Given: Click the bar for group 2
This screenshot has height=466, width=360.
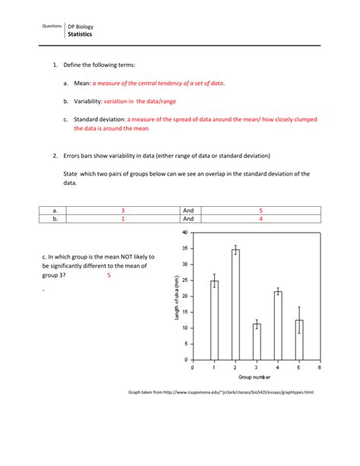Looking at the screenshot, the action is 235,305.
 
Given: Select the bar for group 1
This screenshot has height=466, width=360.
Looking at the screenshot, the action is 214,320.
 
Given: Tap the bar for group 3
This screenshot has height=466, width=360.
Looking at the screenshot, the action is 257,342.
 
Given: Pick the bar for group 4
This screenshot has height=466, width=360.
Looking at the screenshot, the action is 278,325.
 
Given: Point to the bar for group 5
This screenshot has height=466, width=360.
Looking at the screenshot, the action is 299,340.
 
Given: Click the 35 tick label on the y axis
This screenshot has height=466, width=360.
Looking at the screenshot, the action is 185,249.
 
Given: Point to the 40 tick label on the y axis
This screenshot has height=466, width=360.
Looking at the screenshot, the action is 185,233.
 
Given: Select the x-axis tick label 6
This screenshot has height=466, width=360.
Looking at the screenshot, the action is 320,368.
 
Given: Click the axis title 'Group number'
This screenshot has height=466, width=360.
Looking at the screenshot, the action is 254,377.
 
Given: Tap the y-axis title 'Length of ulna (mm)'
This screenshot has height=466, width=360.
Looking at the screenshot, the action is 177,297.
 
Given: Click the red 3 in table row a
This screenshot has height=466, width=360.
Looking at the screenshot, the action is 123,211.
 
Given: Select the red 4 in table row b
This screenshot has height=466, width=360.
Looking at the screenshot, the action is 261,219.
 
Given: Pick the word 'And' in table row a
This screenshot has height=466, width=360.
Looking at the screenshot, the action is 188,211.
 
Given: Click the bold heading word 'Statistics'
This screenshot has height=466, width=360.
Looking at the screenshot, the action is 80,34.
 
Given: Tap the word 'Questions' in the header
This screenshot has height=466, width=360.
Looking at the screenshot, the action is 52,26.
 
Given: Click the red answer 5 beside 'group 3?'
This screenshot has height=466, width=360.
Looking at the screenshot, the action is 109,275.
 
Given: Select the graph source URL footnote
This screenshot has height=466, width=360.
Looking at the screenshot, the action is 221,392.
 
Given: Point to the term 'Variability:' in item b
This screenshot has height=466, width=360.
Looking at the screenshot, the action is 88,101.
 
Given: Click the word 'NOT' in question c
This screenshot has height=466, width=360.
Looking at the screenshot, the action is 127,257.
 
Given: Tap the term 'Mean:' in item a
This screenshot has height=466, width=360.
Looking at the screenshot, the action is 82,83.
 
